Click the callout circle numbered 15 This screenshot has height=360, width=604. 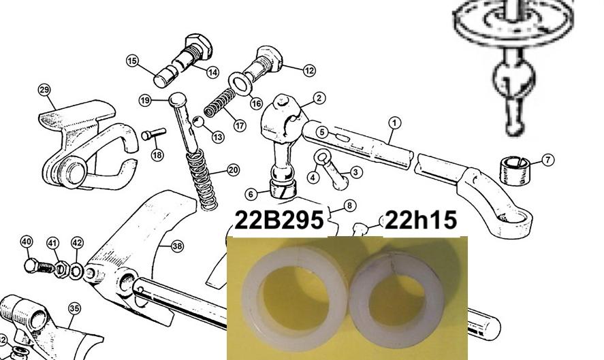click(132, 61)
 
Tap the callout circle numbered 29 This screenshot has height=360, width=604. click(44, 90)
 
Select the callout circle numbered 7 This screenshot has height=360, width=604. click(548, 159)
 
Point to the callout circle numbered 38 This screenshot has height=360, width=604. click(177, 246)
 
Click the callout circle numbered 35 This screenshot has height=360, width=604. click(74, 308)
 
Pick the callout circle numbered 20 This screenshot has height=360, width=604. click(234, 170)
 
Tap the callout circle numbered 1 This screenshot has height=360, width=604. click(394, 122)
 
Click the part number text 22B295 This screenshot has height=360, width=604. click(279, 220)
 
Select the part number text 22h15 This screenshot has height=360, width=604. click(421, 220)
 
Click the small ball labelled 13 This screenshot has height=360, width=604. click(198, 121)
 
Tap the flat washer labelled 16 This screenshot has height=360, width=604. click(240, 83)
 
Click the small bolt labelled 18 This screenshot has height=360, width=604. click(153, 134)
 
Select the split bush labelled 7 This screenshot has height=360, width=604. click(514, 170)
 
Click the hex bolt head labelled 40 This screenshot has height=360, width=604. click(31, 265)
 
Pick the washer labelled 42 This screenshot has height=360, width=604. click(77, 271)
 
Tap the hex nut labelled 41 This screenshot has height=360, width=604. click(62, 269)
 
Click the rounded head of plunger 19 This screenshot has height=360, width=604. click(178, 100)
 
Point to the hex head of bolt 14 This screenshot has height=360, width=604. click(199, 46)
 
